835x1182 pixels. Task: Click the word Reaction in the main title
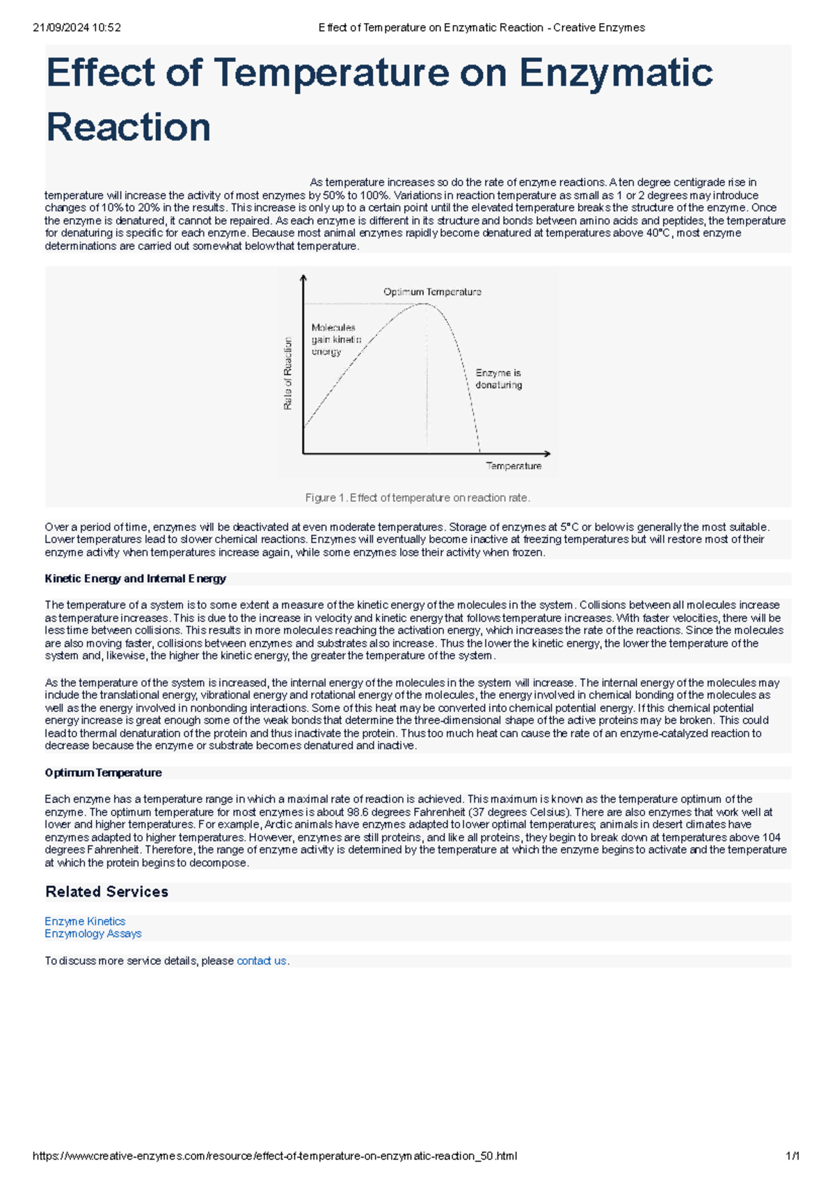128,127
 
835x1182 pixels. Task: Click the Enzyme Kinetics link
85,921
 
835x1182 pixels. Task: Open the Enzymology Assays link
93,933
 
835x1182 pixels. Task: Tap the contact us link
262,961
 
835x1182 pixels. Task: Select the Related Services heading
106,892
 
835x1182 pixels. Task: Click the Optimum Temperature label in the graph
432,292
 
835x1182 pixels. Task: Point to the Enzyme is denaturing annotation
498,379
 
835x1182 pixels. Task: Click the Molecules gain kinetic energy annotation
335,340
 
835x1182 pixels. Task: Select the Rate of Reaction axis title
288,373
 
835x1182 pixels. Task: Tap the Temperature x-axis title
514,466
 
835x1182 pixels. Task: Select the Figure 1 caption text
417,498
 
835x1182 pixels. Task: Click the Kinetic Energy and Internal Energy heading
135,578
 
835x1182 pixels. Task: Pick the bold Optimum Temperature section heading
103,773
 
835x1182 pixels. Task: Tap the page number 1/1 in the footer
792,1156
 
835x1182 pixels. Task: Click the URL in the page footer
275,1156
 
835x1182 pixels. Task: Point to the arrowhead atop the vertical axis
303,278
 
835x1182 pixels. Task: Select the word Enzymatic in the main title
616,73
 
